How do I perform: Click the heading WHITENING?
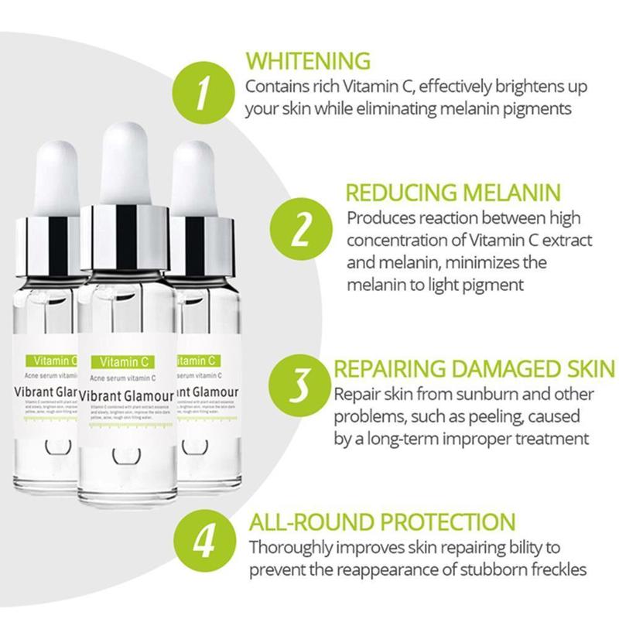click(308, 60)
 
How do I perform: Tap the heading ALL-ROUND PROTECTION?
click(381, 520)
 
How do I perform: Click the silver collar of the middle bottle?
click(125, 236)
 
